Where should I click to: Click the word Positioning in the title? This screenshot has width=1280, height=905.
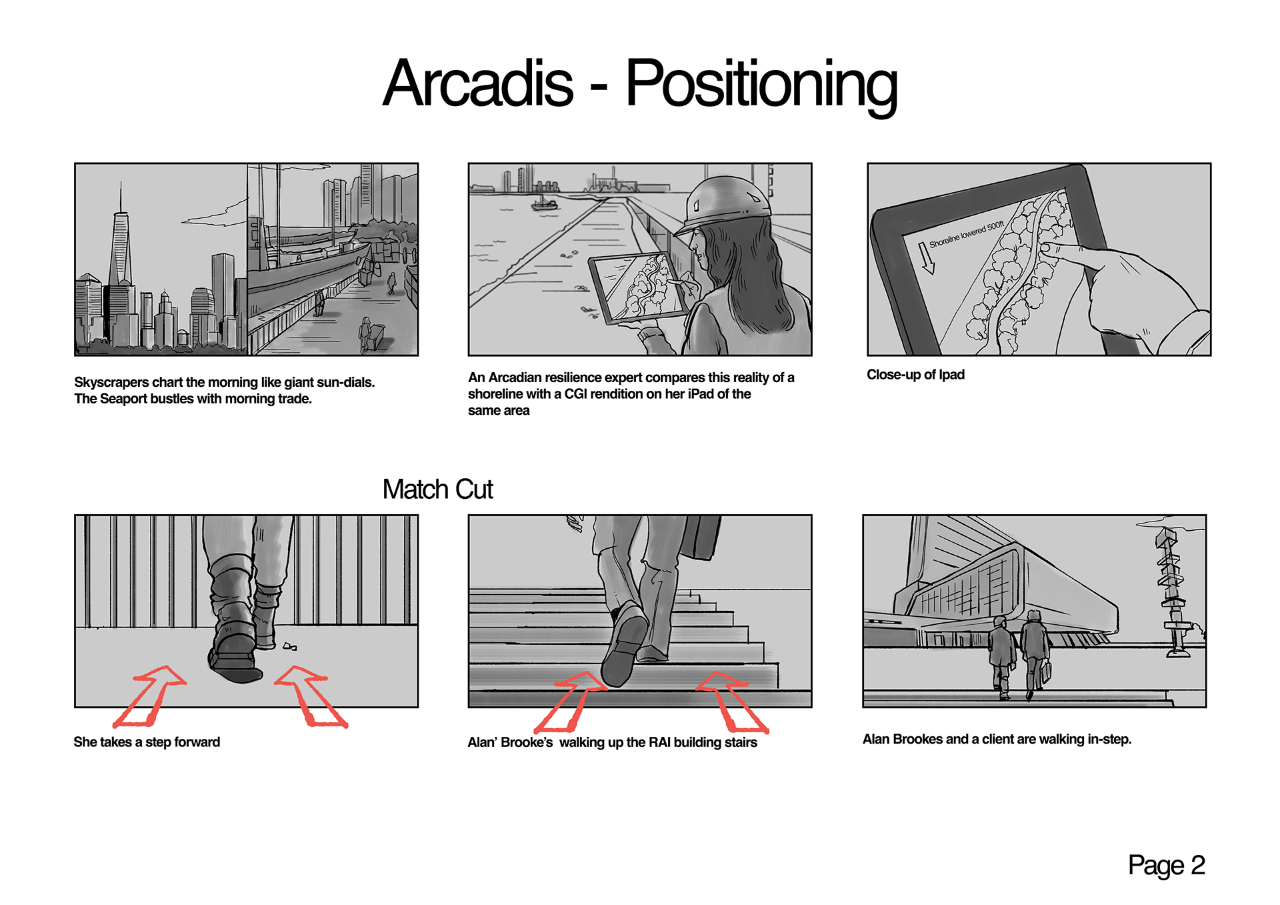[761, 85]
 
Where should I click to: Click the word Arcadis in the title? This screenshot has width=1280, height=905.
[477, 83]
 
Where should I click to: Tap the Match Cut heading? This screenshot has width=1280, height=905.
[437, 489]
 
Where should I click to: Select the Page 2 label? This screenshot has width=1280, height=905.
[1166, 865]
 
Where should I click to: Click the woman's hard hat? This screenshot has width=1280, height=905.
[723, 203]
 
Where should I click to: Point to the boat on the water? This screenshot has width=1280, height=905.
[544, 203]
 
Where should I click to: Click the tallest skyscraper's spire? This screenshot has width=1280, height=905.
[121, 197]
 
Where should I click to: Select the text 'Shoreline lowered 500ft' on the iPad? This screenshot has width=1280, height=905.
[966, 234]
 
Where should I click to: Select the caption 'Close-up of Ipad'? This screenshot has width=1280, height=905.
[915, 375]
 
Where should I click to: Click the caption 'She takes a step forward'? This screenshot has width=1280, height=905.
[147, 742]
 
